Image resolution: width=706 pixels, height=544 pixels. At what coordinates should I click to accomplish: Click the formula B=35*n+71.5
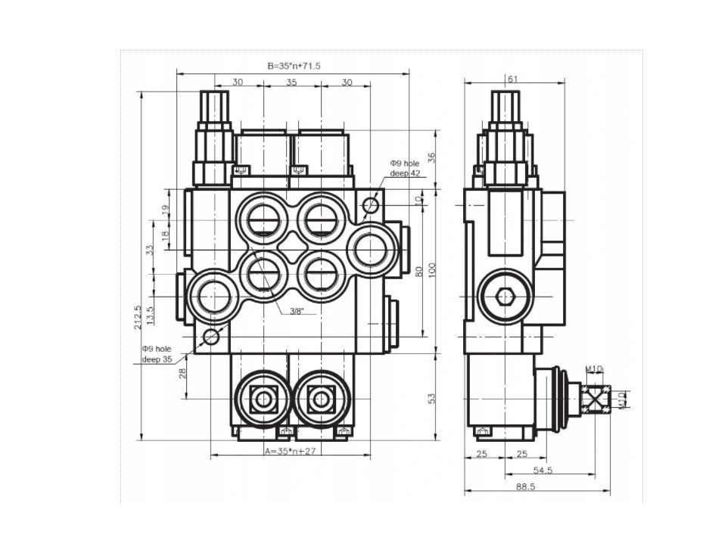[x=294, y=66]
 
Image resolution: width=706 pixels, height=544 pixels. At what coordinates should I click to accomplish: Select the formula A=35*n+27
[x=291, y=451]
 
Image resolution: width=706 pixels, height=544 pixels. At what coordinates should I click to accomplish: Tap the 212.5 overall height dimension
[x=138, y=318]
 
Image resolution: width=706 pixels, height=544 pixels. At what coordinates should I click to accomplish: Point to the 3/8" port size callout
[x=297, y=311]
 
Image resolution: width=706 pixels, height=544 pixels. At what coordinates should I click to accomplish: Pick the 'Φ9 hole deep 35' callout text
[x=157, y=354]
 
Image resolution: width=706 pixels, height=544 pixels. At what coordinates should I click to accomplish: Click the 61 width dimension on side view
[x=513, y=79]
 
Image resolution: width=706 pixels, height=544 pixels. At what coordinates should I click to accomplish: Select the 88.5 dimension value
[x=526, y=486]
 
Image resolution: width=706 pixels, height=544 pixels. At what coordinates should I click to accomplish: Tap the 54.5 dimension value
[x=543, y=470]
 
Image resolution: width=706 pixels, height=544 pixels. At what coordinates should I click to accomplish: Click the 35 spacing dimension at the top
[x=292, y=82]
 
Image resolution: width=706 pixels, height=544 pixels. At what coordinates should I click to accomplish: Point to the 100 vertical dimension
[x=432, y=270]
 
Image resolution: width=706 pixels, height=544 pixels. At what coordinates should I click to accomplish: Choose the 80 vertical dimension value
[x=418, y=271]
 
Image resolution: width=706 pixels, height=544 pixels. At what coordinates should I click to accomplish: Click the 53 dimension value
[x=432, y=399]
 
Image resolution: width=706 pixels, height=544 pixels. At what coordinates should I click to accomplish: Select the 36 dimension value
[x=431, y=157]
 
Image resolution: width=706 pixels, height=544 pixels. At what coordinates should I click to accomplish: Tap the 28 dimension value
[x=182, y=373]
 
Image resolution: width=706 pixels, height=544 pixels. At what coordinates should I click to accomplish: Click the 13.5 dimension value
[x=151, y=316]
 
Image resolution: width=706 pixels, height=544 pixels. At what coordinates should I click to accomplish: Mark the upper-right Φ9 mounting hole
[x=372, y=205]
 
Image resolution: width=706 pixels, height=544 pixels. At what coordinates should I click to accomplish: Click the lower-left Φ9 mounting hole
[x=211, y=336]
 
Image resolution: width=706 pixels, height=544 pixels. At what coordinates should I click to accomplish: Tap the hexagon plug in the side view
[x=505, y=297]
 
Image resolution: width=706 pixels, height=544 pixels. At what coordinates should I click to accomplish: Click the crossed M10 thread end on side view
[x=596, y=399]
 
